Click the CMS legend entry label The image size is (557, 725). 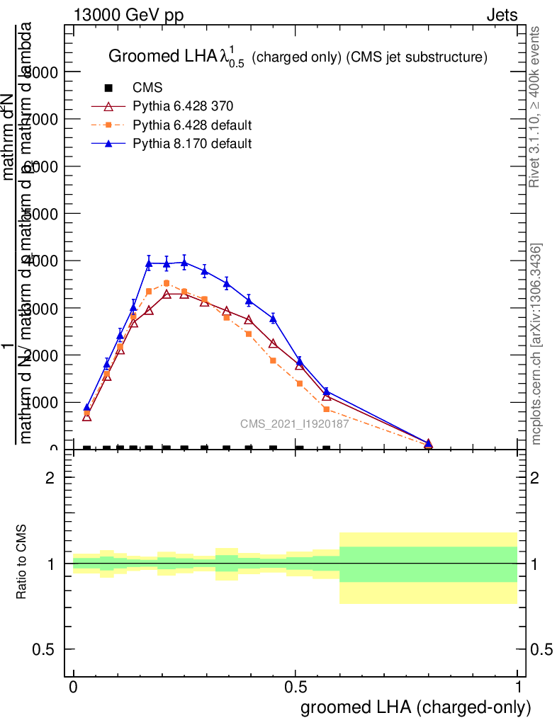[x=147, y=89]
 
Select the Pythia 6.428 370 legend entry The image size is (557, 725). [x=183, y=107]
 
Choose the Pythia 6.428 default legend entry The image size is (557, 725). [x=192, y=125]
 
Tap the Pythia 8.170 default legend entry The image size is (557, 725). [x=192, y=144]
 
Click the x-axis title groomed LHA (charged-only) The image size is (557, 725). [x=416, y=707]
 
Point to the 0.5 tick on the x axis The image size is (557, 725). [x=296, y=687]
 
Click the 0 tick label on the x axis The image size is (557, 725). [x=73, y=687]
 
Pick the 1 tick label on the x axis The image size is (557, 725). [x=518, y=687]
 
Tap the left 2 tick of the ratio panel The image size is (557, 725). [x=50, y=478]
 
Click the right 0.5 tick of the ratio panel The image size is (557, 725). [x=539, y=649]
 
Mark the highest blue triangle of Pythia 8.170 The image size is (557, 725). [x=184, y=263]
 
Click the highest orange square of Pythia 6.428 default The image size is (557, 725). [x=167, y=283]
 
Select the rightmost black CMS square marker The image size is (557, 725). [x=327, y=449]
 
